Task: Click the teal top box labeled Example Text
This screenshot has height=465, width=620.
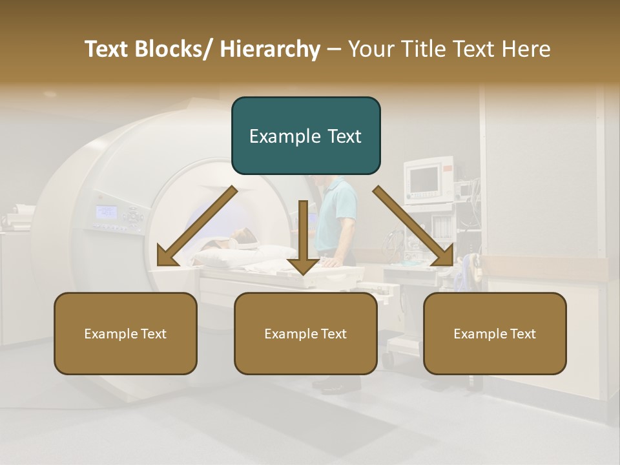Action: pos(305,136)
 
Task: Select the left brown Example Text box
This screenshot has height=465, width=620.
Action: pos(125,333)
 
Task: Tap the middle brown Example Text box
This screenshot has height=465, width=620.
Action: pos(305,333)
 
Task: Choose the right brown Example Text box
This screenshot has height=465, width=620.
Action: pos(495,333)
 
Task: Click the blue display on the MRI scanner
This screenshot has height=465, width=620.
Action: pos(106,212)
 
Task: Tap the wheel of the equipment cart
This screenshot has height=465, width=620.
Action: pos(389,358)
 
